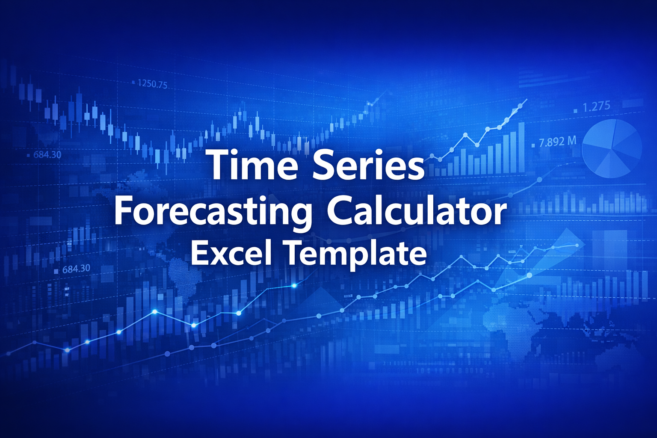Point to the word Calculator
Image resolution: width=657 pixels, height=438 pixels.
tap(417, 210)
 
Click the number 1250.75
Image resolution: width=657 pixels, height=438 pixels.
tap(152, 84)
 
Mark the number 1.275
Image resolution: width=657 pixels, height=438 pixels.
tap(596, 106)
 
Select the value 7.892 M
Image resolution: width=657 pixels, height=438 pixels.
tap(557, 142)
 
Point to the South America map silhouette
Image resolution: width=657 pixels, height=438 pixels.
tap(182, 274)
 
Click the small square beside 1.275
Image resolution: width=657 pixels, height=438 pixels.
tap(575, 110)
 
